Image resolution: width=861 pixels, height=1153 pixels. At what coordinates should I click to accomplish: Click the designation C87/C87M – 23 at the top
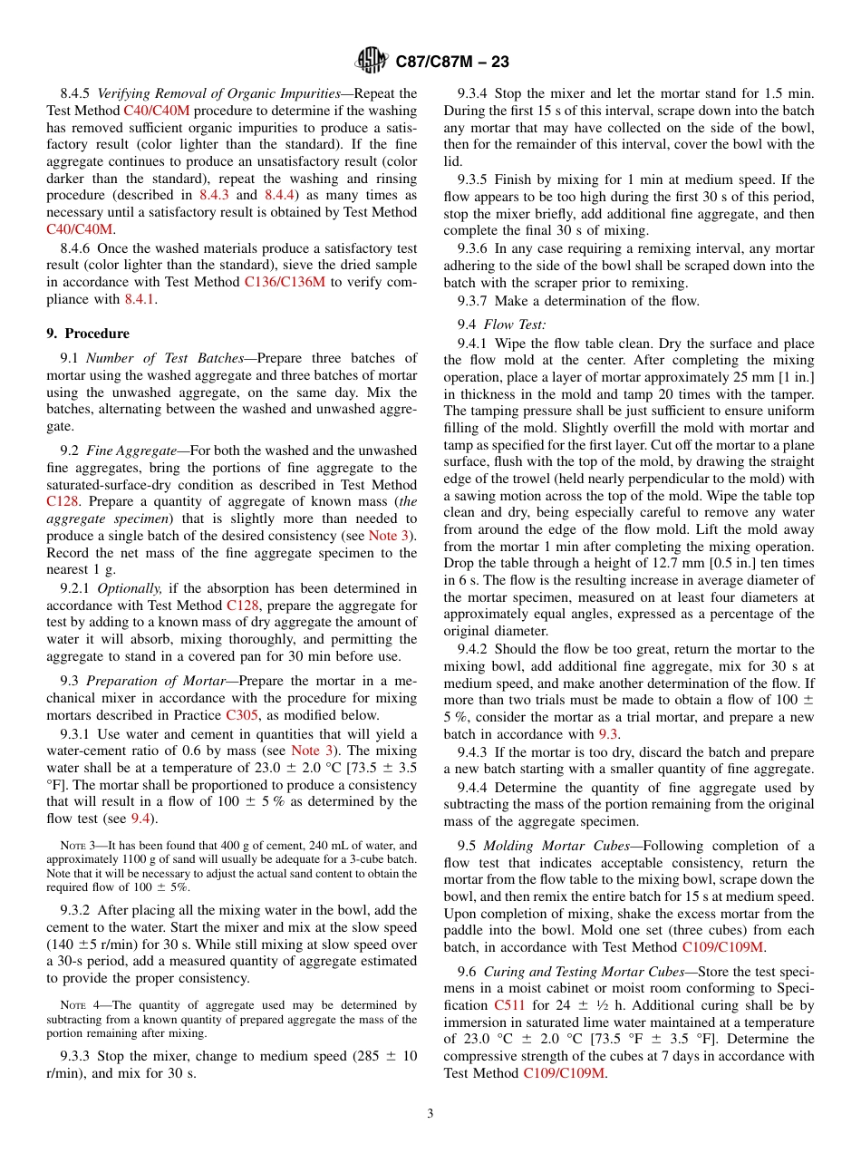(x=452, y=62)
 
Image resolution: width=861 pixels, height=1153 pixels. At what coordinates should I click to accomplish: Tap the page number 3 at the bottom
(x=430, y=1113)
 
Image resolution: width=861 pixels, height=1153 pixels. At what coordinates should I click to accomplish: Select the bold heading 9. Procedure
(x=88, y=334)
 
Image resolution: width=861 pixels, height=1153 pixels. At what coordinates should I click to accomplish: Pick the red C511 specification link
(x=508, y=1005)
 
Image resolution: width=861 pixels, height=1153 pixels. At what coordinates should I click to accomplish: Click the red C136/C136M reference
(x=285, y=282)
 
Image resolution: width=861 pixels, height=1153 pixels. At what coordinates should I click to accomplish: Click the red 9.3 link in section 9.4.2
(x=609, y=734)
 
